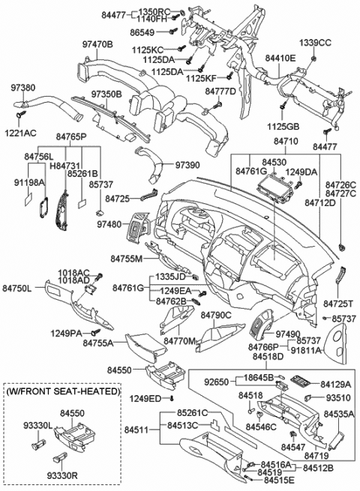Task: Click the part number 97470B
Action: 96,45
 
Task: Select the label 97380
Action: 22,88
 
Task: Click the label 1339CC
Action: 314,41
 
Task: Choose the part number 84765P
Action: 71,138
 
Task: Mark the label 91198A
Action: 28,181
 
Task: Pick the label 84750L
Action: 16,287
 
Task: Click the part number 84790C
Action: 215,316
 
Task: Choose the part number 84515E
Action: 278,479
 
